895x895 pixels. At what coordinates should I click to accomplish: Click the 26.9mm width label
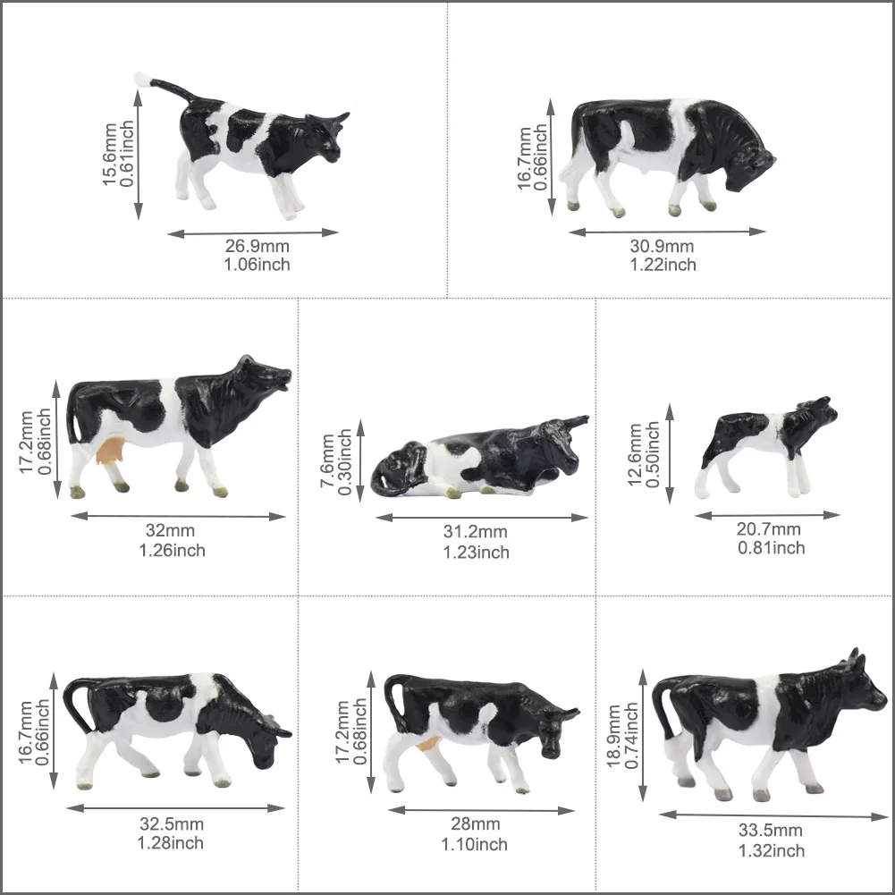click(257, 246)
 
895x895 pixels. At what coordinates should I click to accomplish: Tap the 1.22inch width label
click(663, 265)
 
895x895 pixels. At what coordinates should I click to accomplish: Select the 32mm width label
click(170, 530)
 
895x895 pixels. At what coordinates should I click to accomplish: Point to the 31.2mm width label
click(476, 531)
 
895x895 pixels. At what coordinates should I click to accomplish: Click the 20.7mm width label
click(768, 529)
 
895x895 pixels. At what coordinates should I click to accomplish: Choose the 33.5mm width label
click(771, 830)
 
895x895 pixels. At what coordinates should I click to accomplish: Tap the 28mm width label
click(476, 823)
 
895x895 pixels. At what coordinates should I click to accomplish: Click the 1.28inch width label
click(170, 843)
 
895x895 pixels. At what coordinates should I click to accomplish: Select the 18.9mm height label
click(613, 737)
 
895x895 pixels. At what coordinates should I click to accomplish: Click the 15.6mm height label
click(109, 154)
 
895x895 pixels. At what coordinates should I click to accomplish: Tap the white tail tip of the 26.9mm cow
click(141, 79)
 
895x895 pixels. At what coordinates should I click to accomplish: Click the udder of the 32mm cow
click(111, 449)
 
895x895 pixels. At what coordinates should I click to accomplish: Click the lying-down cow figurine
click(479, 457)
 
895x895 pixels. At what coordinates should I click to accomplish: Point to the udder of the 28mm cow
click(428, 743)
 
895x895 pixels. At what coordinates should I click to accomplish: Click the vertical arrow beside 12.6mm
click(670, 454)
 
